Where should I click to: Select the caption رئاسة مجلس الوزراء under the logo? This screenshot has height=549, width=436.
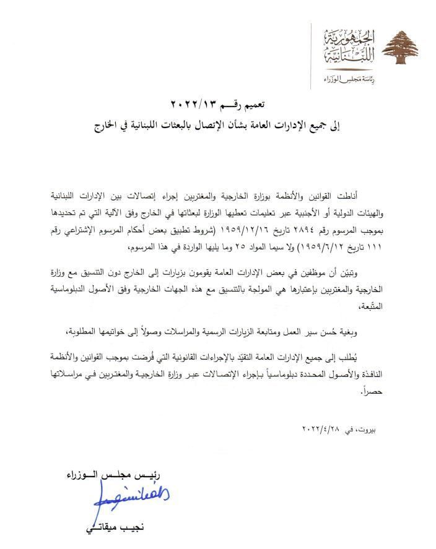(x=351, y=79)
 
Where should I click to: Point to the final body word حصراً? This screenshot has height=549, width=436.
(x=380, y=389)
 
